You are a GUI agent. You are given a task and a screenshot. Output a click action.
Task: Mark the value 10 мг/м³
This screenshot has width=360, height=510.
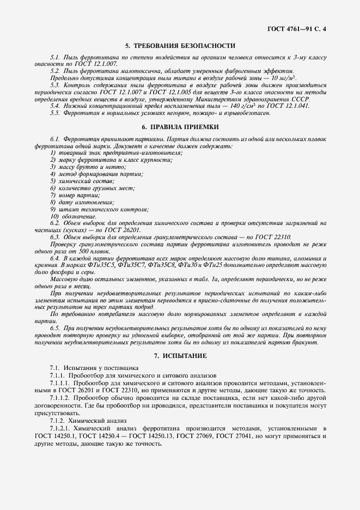(x=283, y=78)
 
